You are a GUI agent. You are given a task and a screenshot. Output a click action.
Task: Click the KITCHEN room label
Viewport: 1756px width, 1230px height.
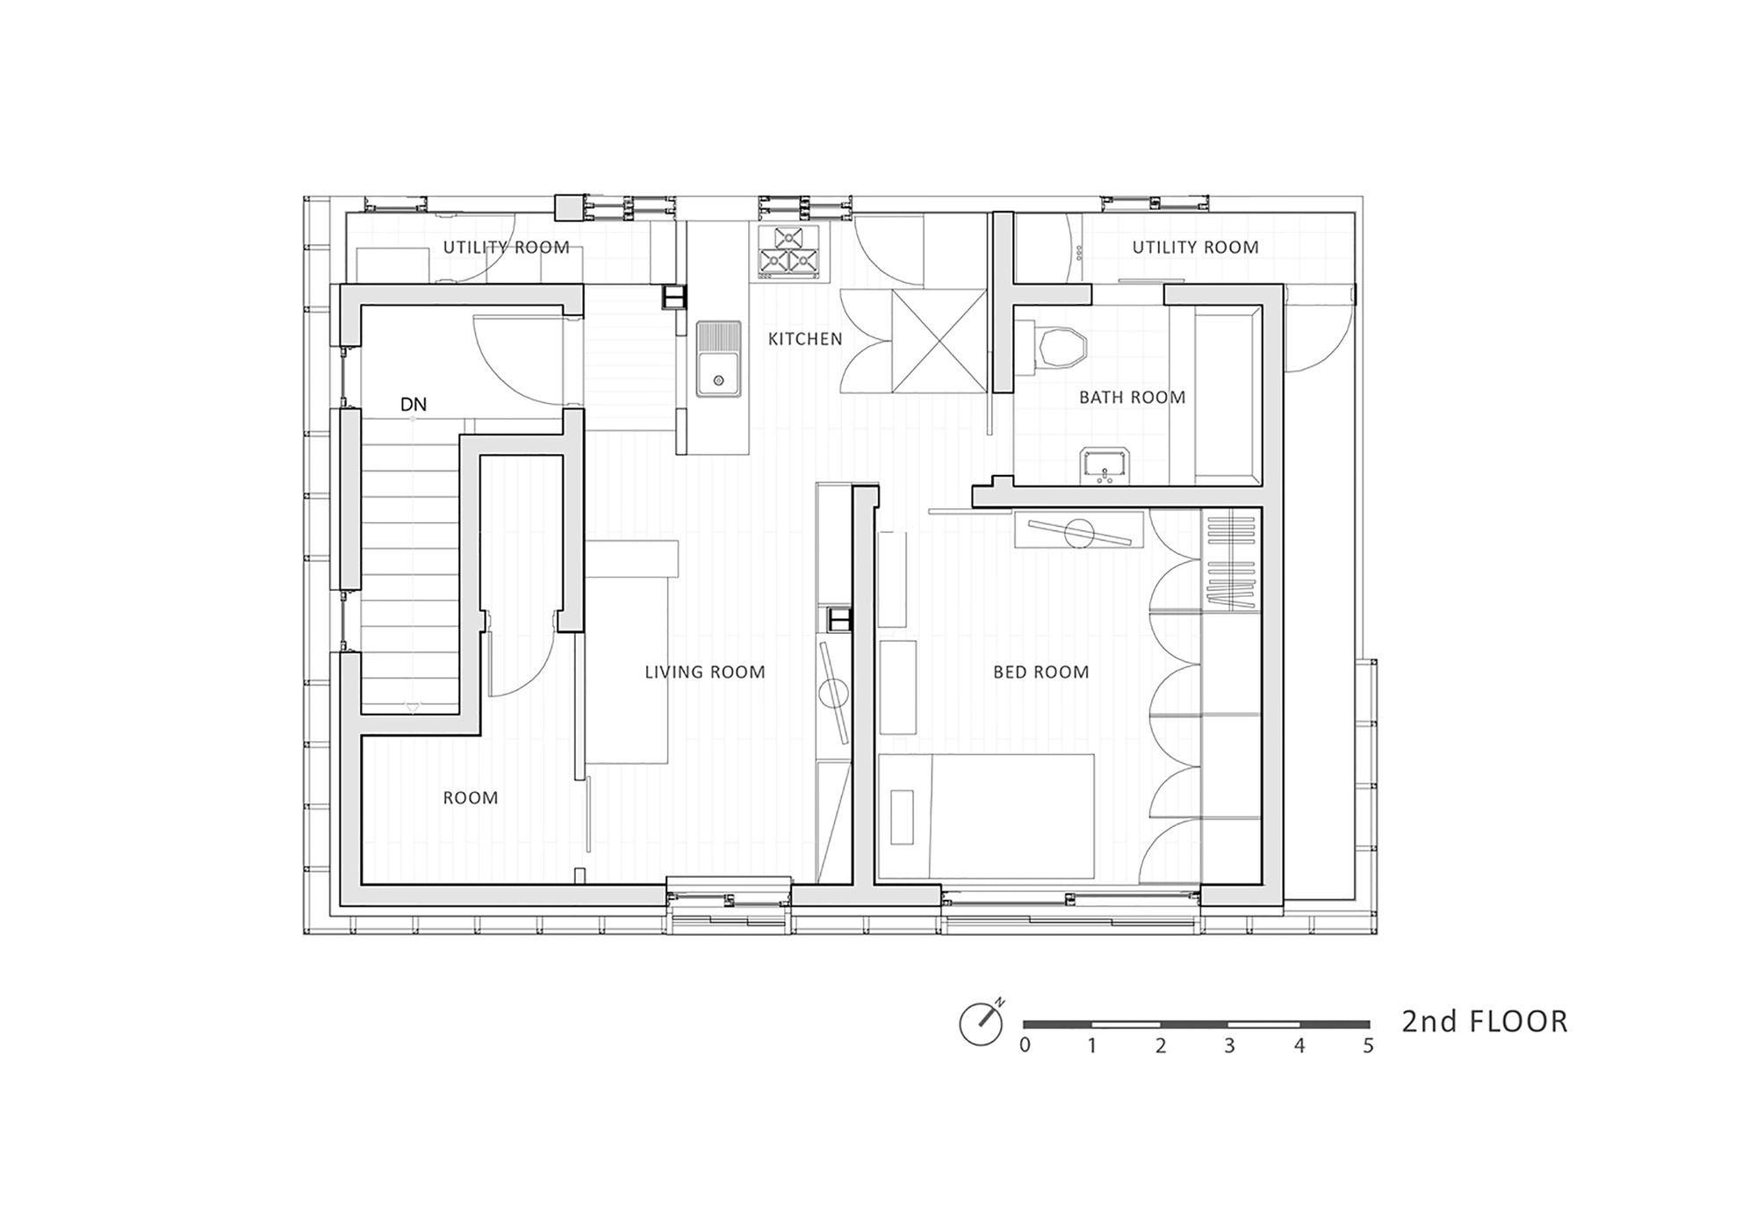[x=805, y=339]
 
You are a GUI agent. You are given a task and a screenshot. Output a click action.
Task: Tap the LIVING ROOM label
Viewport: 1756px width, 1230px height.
[x=705, y=673]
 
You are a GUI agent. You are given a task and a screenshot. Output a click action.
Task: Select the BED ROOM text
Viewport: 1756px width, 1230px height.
[x=1041, y=673]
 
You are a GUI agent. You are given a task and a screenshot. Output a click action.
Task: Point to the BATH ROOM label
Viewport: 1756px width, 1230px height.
[x=1133, y=398]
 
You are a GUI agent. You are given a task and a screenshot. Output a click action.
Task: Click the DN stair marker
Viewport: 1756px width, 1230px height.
[x=414, y=405]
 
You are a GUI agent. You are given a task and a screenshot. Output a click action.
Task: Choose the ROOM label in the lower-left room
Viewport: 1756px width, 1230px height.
[x=471, y=798]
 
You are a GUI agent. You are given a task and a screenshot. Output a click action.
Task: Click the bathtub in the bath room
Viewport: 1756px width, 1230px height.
[x=1227, y=394]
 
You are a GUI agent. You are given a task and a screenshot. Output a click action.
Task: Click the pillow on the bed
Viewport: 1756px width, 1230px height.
[x=902, y=816]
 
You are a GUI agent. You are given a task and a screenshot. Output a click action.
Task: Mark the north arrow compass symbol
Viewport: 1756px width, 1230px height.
[x=982, y=1023]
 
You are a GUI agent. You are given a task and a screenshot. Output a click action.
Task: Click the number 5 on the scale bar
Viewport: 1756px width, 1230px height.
[x=1368, y=1046]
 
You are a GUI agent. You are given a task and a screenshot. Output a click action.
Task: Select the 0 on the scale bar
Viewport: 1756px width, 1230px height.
[x=1025, y=1046]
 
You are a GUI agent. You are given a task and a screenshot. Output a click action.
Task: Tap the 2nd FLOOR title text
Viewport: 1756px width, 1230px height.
[x=1485, y=1022]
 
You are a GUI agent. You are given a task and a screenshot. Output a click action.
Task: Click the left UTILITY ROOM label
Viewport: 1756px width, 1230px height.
[x=506, y=248]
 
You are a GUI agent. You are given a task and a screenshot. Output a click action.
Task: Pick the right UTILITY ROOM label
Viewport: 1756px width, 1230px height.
[x=1195, y=248]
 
